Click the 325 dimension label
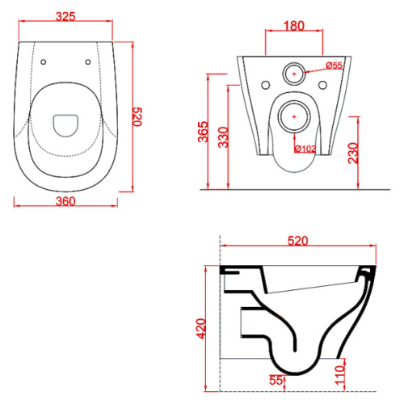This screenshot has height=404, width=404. point(65,16)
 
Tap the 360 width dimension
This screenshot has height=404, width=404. point(65,201)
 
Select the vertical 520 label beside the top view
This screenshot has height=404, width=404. point(137,116)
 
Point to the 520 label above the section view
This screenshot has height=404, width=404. point(297,241)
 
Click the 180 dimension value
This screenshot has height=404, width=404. point(294,26)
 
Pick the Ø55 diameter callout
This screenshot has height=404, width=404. point(334,65)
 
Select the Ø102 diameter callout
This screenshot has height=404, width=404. point(305,149)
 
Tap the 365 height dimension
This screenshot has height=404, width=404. point(203,132)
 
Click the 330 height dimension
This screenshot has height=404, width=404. point(223,137)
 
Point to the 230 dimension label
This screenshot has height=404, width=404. point(353,153)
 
